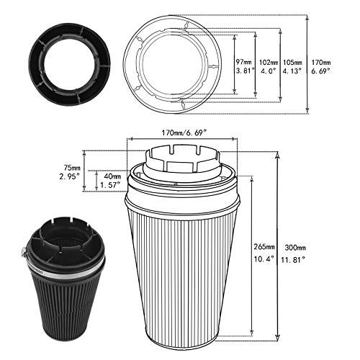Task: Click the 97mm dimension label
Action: pos(244,63)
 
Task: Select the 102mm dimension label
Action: pos(269,63)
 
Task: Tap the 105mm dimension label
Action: pos(292,63)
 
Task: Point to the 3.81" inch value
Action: pos(245,71)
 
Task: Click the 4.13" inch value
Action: pos(292,71)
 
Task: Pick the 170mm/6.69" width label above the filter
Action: pos(184,132)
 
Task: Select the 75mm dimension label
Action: pos(72,167)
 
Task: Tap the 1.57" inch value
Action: pos(110,185)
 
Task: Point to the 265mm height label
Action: pos(264,246)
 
